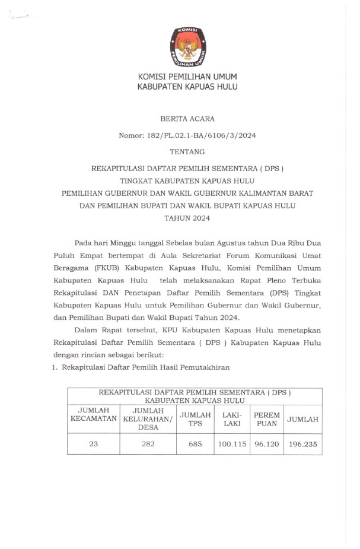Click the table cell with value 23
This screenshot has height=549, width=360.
(93, 443)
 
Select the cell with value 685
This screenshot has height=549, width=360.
(196, 443)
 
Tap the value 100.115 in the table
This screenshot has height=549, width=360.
(232, 443)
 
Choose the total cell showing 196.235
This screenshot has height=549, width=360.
(302, 443)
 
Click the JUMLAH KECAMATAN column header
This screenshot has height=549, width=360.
(93, 414)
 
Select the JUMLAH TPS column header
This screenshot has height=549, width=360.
(196, 418)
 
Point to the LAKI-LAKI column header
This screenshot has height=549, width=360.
(232, 418)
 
